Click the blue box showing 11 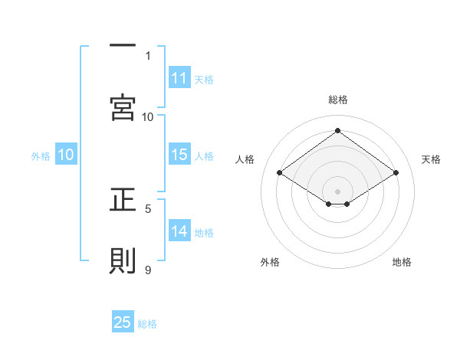[x=179, y=78]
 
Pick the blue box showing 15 [x=179, y=155]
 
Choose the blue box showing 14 [x=179, y=231]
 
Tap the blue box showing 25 [x=123, y=322]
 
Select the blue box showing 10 [x=66, y=155]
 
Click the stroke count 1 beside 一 [x=148, y=55]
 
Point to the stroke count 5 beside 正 [x=148, y=208]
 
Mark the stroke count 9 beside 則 [x=148, y=269]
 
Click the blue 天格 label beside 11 [x=204, y=79]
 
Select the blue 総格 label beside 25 [x=147, y=323]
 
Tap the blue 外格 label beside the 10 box [x=41, y=155]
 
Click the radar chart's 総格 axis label [x=337, y=100]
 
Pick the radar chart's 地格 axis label [x=402, y=262]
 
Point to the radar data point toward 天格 [x=396, y=173]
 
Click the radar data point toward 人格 [x=280, y=173]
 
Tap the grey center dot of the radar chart [x=337, y=190]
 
